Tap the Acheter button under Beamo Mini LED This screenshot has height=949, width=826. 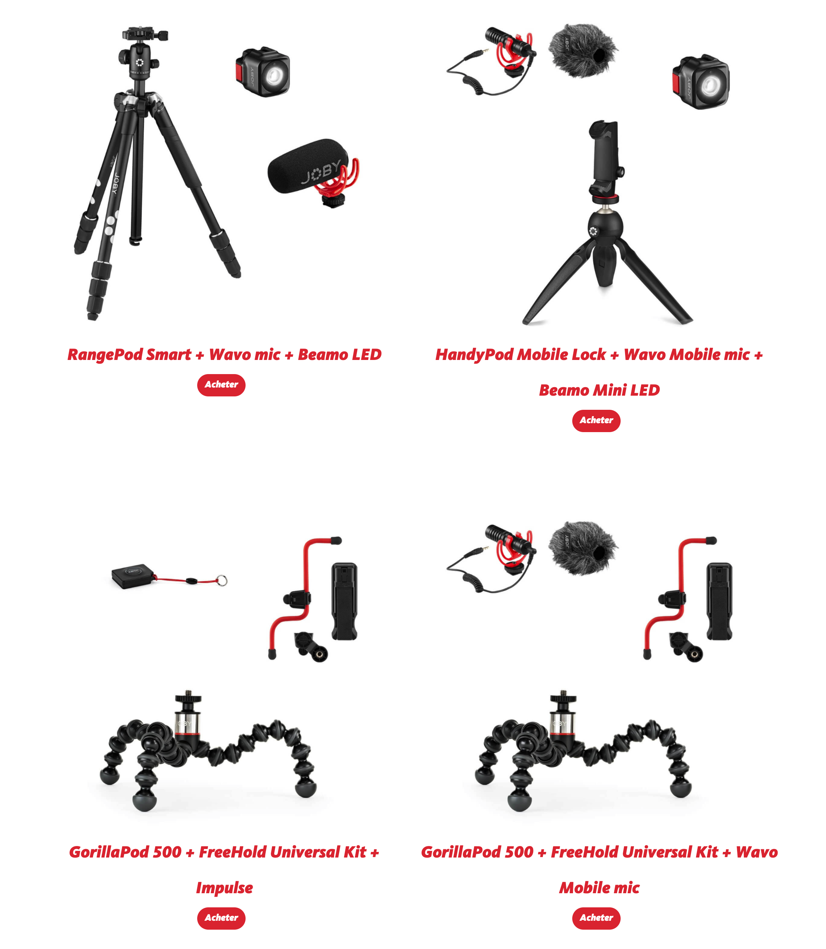click(x=596, y=421)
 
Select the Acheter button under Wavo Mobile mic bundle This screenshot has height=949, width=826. click(x=596, y=918)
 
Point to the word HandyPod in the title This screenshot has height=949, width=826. click(x=474, y=355)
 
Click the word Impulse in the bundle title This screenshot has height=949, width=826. click(x=224, y=888)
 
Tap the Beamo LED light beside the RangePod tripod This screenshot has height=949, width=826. click(x=263, y=72)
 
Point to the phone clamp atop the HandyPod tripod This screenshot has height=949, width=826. click(x=606, y=159)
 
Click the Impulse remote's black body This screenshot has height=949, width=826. click(x=133, y=576)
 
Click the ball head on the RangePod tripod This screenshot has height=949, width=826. click(x=139, y=62)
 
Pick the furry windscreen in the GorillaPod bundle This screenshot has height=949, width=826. click(x=583, y=548)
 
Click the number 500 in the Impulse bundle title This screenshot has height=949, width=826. click(x=167, y=852)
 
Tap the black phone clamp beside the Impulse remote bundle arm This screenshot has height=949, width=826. click(x=344, y=601)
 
